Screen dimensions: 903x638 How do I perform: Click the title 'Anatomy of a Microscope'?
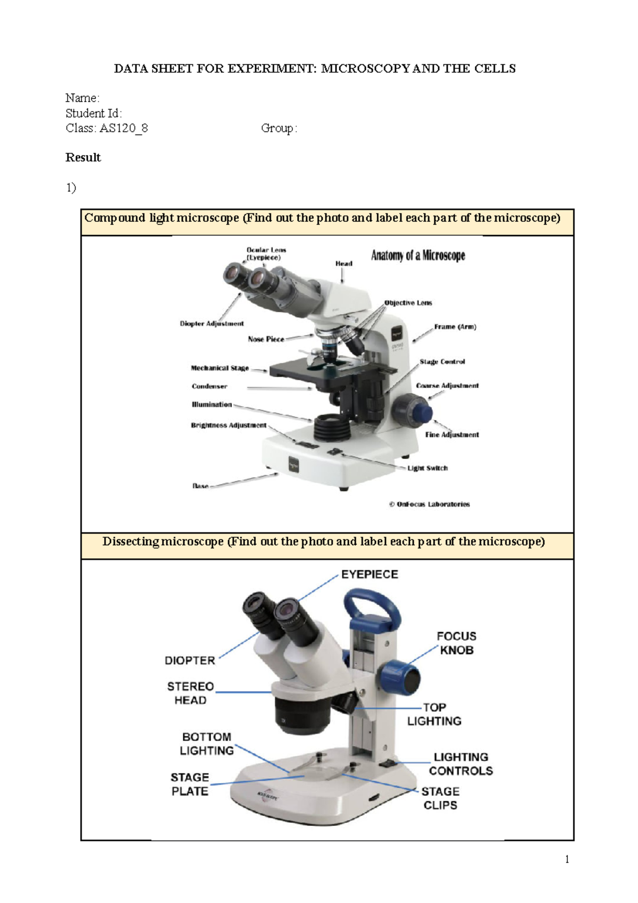click(x=418, y=256)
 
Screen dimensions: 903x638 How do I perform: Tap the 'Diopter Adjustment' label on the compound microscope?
click(x=212, y=323)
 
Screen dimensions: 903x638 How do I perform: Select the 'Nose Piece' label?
click(x=266, y=339)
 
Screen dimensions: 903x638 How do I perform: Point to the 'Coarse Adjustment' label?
click(x=447, y=386)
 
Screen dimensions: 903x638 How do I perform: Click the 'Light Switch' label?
click(x=427, y=468)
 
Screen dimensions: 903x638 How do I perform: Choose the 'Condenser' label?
click(x=209, y=387)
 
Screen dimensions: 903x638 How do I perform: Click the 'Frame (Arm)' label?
click(x=455, y=327)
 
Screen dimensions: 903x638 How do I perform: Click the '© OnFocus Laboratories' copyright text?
click(x=430, y=504)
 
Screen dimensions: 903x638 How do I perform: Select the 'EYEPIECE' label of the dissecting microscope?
click(x=370, y=574)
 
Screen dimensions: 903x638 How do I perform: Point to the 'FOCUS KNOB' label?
click(x=456, y=643)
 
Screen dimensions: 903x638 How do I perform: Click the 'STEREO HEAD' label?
click(x=190, y=693)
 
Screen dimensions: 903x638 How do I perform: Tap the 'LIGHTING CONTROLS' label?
click(x=460, y=764)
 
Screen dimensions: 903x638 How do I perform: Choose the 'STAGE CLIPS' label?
click(x=440, y=798)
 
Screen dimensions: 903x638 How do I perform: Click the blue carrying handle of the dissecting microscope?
click(x=372, y=604)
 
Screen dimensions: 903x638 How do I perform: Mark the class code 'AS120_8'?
click(x=124, y=128)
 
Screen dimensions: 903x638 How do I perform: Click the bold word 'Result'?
click(x=83, y=157)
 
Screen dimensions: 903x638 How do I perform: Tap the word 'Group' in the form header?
click(x=277, y=128)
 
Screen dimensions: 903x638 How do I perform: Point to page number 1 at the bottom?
click(x=567, y=859)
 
